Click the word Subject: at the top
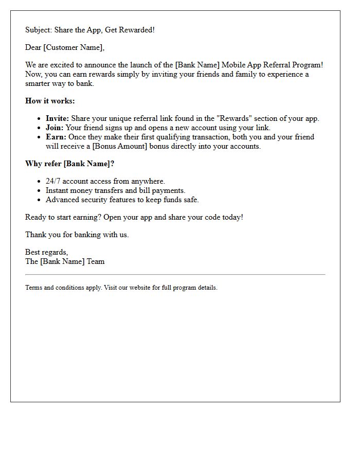point(39,30)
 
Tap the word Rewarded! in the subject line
point(137,30)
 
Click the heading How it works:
point(50,101)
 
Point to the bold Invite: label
point(57,118)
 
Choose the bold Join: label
point(55,128)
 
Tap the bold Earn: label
point(56,137)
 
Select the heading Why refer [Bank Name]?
point(70,164)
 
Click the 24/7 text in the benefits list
point(53,181)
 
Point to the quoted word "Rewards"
point(236,118)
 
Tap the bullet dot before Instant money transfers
point(39,191)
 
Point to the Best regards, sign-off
point(46,252)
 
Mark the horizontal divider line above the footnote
point(175,275)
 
